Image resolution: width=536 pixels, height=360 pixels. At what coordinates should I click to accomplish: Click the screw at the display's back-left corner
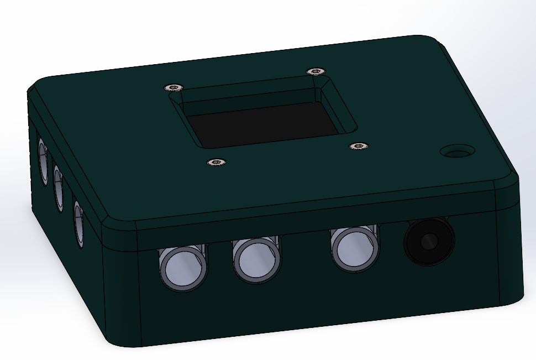[174, 87]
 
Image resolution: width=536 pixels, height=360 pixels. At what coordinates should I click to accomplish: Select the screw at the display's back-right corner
[315, 71]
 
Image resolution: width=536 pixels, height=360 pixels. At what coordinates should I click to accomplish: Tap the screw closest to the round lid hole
[359, 146]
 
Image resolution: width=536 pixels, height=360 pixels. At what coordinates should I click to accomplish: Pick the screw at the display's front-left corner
[216, 162]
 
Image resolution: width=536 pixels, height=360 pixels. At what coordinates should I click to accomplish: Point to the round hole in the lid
[457, 151]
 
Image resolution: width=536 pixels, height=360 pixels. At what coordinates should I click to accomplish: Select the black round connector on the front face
[429, 241]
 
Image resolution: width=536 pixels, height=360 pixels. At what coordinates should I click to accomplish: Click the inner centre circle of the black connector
[428, 242]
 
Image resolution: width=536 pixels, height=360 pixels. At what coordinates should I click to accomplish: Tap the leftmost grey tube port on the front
[182, 267]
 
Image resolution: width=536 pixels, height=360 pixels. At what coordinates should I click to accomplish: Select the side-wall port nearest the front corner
[78, 223]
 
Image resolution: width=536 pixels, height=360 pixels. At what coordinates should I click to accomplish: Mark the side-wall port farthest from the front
[42, 160]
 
